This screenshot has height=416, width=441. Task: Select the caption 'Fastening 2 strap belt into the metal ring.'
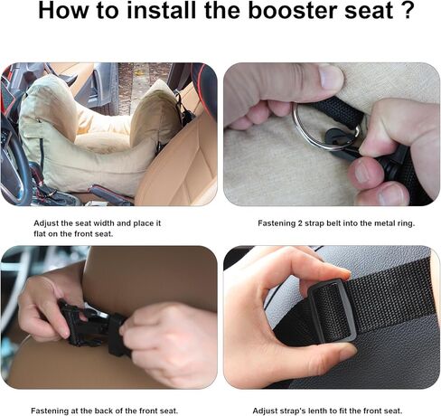332,225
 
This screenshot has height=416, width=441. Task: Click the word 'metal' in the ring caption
380,225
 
